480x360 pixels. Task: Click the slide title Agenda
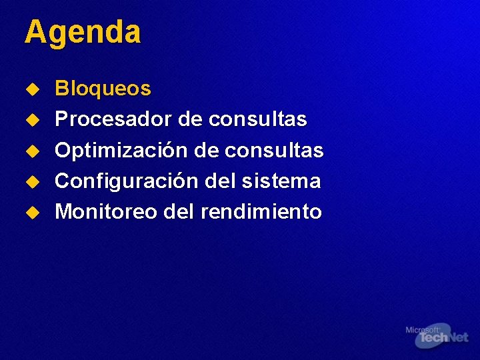[83, 32]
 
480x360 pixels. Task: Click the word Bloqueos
[103, 89]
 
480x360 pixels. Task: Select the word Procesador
[113, 119]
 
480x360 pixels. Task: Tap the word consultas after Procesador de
[257, 119]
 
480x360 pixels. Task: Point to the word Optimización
[122, 151]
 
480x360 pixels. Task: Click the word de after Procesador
[190, 119]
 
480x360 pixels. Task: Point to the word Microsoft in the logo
[422, 330]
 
